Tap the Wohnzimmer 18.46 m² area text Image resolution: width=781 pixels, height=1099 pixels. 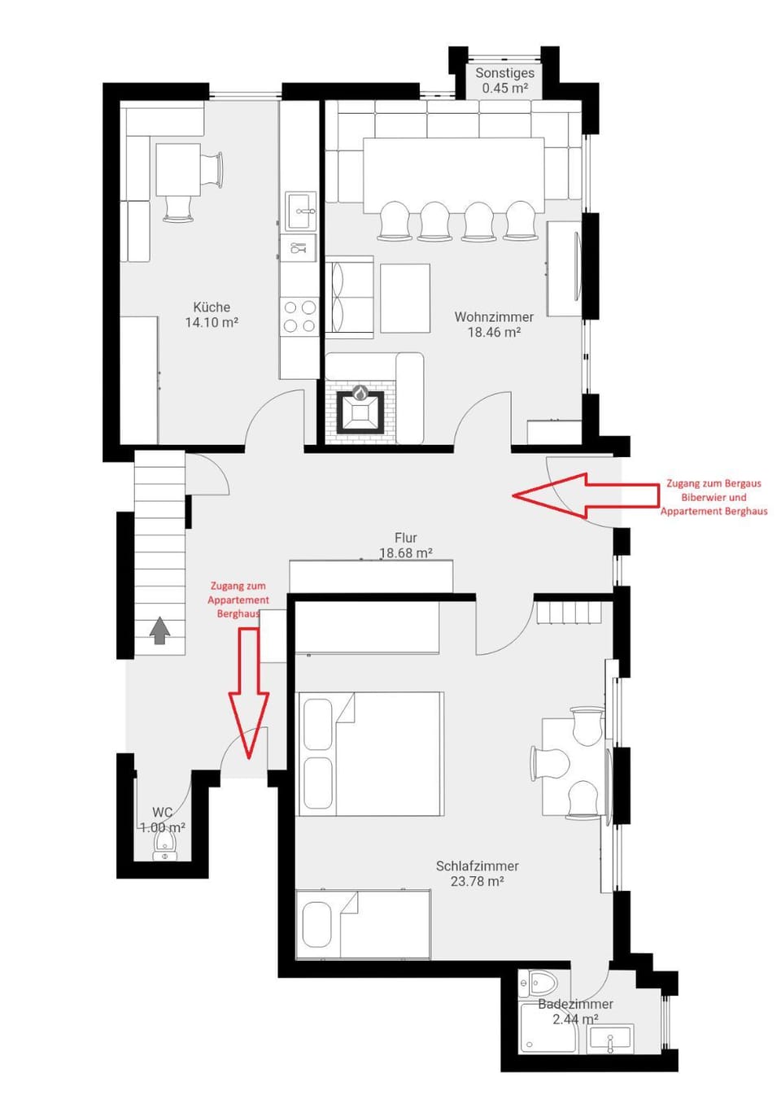point(494,325)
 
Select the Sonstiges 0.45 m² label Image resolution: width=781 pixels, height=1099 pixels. point(504,81)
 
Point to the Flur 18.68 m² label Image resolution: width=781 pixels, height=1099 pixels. point(405,546)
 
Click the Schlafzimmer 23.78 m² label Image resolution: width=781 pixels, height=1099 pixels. point(477,874)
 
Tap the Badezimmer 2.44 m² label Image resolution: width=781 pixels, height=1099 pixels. point(575,1011)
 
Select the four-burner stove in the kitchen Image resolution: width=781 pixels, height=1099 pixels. point(299,317)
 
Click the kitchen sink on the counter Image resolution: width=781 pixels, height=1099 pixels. point(300,212)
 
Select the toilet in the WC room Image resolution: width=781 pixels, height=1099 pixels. point(165,851)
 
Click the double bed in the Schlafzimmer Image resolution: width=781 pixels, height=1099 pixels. point(371,754)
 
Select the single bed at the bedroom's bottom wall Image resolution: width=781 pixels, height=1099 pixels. point(363,925)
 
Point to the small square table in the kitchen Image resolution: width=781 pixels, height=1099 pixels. point(178,169)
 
